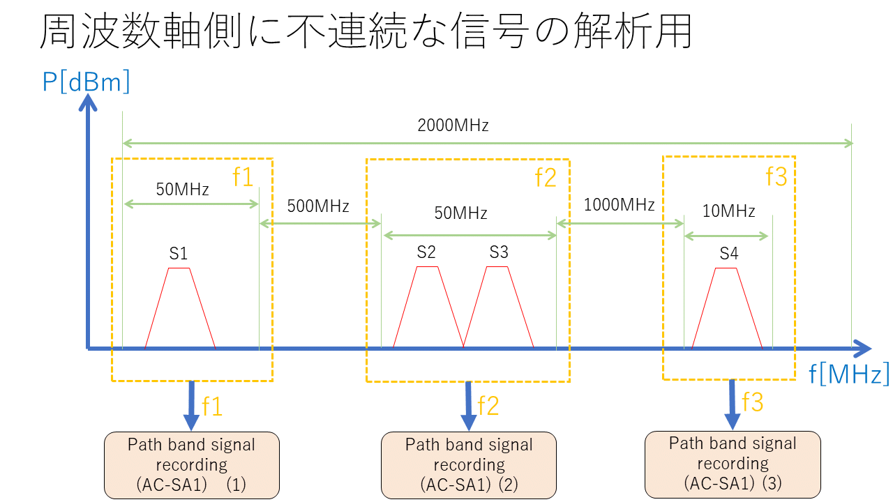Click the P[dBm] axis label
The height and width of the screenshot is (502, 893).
[87, 83]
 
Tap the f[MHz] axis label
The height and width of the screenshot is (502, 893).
[849, 374]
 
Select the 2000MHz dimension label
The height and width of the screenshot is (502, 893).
[453, 126]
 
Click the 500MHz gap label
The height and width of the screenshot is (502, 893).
[317, 206]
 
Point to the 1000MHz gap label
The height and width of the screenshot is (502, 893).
[619, 205]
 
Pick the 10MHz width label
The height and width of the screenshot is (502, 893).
[728, 211]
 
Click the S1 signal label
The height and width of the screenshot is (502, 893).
[179, 253]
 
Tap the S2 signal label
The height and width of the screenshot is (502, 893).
[426, 252]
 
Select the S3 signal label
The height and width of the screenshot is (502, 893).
[499, 252]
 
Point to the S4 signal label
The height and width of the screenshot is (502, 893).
[728, 254]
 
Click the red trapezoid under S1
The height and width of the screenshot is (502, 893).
[179, 310]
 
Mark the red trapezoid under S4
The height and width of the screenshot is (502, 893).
[726, 310]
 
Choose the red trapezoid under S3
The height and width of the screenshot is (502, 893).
[498, 310]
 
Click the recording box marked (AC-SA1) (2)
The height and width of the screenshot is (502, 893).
[469, 465]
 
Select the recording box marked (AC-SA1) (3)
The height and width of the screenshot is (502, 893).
[733, 464]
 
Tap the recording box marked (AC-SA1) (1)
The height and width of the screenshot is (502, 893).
[192, 465]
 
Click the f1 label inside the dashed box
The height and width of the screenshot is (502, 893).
[242, 178]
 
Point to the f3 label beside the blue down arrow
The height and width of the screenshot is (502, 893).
[752, 402]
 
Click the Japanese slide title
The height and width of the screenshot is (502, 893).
[366, 31]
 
